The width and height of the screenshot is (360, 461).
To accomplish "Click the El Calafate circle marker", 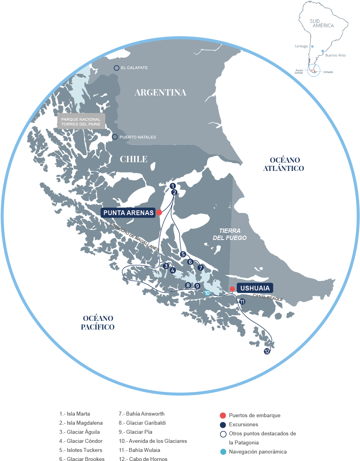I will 116,68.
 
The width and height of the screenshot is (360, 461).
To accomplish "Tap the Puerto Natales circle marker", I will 115,137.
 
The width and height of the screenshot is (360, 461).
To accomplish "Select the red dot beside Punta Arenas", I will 159,212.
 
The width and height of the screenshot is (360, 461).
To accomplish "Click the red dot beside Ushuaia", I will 233,289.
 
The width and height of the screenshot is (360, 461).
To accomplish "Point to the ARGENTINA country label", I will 160,92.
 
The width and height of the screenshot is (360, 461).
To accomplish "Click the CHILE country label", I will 134,159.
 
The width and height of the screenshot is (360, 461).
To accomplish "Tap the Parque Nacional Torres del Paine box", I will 81,122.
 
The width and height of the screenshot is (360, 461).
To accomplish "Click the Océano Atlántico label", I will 285,164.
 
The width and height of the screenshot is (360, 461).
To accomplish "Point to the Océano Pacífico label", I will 98,322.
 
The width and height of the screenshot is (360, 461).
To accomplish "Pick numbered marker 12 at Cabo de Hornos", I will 267,351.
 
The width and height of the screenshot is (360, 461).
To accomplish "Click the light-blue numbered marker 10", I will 207,293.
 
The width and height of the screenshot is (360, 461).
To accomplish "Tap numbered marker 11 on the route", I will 242,302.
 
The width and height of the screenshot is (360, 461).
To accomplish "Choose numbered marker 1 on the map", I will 172,186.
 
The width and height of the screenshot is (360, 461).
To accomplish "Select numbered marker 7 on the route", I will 200,268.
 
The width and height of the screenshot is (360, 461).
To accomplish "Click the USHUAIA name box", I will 255,288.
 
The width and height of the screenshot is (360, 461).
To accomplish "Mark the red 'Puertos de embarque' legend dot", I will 223,415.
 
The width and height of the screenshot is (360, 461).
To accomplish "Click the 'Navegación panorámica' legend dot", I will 223,452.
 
